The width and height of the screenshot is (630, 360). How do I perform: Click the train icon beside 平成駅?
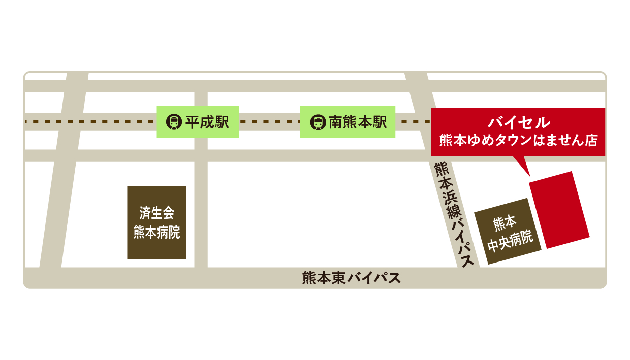pyautogui.click(x=174, y=122)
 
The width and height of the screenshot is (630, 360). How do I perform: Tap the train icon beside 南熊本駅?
pyautogui.click(x=318, y=122)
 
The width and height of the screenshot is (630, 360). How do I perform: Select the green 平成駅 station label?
pyautogui.click(x=198, y=122)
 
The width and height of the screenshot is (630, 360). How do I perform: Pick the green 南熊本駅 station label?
pyautogui.click(x=348, y=122)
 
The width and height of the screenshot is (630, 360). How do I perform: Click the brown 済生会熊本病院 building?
pyautogui.click(x=156, y=222)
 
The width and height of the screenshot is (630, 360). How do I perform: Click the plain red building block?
pyautogui.click(x=559, y=210)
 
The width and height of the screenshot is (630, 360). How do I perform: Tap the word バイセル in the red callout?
pyautogui.click(x=518, y=122)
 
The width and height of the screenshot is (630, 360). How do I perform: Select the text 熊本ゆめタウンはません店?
pyautogui.click(x=518, y=140)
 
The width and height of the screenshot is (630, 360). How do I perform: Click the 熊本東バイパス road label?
pyautogui.click(x=351, y=278)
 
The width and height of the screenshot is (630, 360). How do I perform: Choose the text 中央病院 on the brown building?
pyautogui.click(x=510, y=241)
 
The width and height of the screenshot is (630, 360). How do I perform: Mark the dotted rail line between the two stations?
pyautogui.click(x=269, y=122)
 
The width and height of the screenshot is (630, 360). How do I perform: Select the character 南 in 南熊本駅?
pyautogui.click(x=335, y=122)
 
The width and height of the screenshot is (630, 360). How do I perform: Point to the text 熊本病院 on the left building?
pyautogui.click(x=156, y=233)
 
